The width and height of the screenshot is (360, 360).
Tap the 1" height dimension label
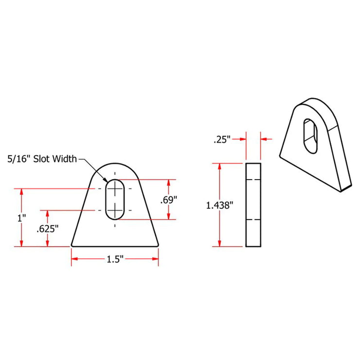[x=21, y=218]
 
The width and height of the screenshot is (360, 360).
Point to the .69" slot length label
[x=169, y=199]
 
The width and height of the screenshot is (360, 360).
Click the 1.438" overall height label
[x=220, y=205]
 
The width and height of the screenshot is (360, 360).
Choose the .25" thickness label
[x=221, y=140]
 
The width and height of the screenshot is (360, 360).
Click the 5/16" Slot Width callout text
[x=41, y=159]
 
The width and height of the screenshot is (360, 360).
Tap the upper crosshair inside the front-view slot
[x=115, y=188]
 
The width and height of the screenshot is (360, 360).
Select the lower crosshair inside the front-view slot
[x=115, y=210]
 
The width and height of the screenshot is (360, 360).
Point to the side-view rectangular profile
[x=253, y=205]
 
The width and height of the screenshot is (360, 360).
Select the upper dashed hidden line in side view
[x=253, y=180]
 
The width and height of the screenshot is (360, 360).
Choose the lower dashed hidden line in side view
[x=253, y=219]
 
